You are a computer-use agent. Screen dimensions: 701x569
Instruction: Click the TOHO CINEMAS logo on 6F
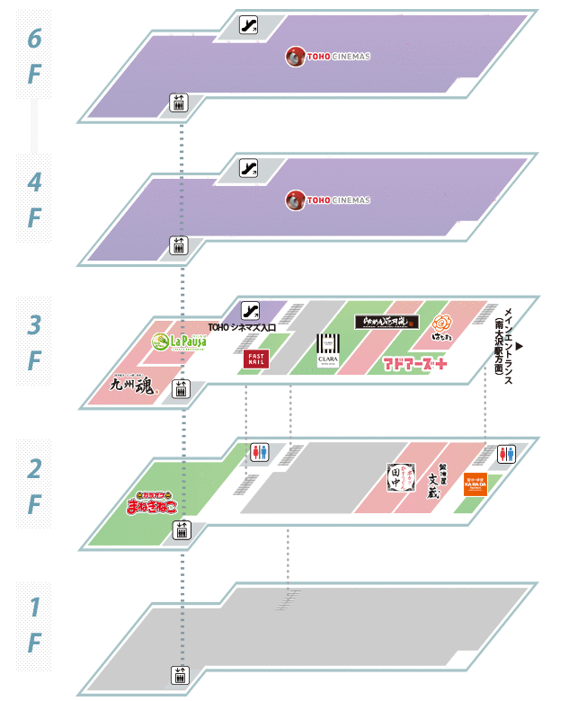pos(328,57)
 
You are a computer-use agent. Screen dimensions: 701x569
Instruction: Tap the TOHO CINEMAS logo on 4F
pos(328,200)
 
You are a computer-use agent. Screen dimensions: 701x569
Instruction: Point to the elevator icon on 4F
pos(178,244)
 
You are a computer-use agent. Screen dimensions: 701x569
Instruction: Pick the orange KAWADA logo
pos(476,485)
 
